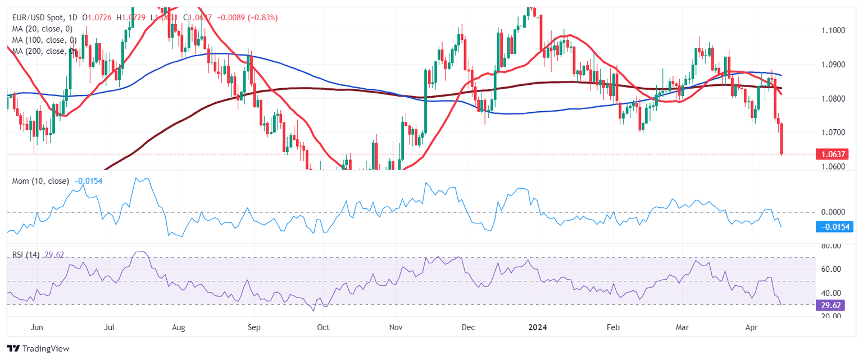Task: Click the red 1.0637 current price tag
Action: click(832, 154)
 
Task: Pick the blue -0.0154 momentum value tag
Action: click(834, 226)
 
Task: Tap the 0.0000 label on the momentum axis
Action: click(833, 212)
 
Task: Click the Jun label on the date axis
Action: click(37, 326)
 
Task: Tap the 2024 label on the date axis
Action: click(538, 326)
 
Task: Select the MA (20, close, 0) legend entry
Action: click(42, 29)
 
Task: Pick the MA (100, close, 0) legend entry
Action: click(44, 40)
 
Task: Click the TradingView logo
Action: click(38, 349)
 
